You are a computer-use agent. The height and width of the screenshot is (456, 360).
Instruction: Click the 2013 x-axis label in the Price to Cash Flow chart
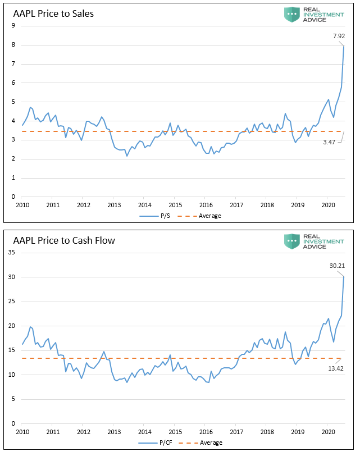[x=114, y=432]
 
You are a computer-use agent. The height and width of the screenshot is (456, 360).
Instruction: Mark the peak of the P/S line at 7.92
[x=344, y=45]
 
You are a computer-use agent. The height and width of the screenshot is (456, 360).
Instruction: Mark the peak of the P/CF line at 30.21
[x=344, y=276]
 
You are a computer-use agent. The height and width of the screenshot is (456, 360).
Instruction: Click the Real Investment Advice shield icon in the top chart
[x=291, y=15]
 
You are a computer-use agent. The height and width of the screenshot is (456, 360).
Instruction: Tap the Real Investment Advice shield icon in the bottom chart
[x=291, y=241]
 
